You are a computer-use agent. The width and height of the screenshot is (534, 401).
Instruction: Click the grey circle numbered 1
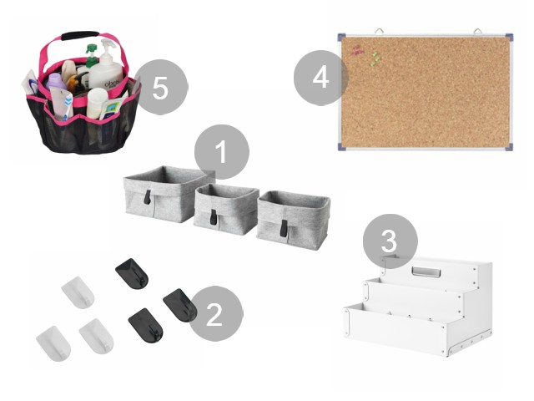pyautogui.click(x=222, y=152)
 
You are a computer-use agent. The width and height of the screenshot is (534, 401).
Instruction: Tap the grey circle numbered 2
pyautogui.click(x=215, y=314)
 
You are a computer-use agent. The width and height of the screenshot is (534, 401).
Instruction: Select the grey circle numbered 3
pyautogui.click(x=390, y=241)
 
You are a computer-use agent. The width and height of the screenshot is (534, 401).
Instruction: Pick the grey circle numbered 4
pyautogui.click(x=320, y=78)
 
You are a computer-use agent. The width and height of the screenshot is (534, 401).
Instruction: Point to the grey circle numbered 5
pyautogui.click(x=161, y=87)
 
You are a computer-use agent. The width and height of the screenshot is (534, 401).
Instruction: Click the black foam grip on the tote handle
pyautogui.click(x=80, y=35)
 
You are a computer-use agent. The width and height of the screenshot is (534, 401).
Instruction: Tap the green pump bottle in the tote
pyautogui.click(x=91, y=56)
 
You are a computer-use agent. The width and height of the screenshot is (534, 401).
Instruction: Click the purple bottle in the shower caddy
pyautogui.click(x=57, y=83)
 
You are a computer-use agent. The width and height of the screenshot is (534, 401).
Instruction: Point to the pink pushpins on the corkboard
pyautogui.click(x=357, y=50)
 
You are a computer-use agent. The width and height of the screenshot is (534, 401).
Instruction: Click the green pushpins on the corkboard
pyautogui.click(x=375, y=58)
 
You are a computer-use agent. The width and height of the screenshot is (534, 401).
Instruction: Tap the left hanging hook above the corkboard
pyautogui.click(x=379, y=32)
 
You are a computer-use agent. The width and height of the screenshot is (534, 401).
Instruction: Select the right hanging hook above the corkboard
pyautogui.click(x=477, y=32)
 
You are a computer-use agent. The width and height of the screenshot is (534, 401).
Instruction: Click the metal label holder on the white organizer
pyautogui.click(x=426, y=272)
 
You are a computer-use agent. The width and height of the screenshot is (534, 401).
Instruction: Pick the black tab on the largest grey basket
pyautogui.click(x=148, y=198)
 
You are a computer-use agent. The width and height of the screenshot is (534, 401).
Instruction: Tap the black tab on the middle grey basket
pyautogui.click(x=214, y=217)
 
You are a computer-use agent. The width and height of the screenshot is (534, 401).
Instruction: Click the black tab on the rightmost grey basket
pyautogui.click(x=284, y=228)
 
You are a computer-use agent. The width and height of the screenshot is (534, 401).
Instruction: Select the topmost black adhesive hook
pyautogui.click(x=132, y=273)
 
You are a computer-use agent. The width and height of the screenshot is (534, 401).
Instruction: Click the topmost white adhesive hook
pyautogui.click(x=78, y=292)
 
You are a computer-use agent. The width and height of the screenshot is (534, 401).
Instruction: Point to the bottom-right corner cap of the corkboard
pyautogui.click(x=510, y=147)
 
